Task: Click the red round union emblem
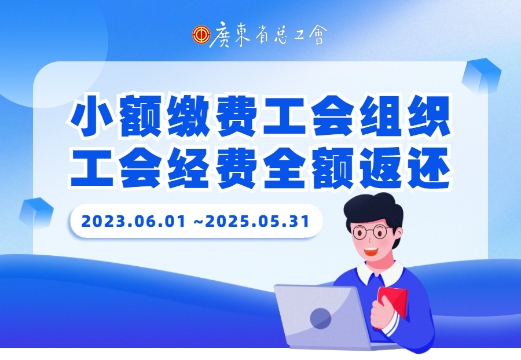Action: pyautogui.click(x=201, y=35)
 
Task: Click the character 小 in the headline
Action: pyautogui.click(x=91, y=115)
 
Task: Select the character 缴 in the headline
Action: pyautogui.click(x=188, y=115)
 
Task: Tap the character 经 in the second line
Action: pyautogui.click(x=188, y=168)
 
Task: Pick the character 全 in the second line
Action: pyautogui.click(x=285, y=168)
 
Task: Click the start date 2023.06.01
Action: pyautogui.click(x=133, y=222)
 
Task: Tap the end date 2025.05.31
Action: pyautogui.click(x=258, y=222)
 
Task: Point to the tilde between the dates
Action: pyautogui.click(x=199, y=222)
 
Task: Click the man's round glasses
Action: pyautogui.click(x=371, y=232)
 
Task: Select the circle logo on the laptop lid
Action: pyautogui.click(x=321, y=318)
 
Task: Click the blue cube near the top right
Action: pyautogui.click(x=482, y=76)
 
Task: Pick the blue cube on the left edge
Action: pyautogui.click(x=36, y=212)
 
